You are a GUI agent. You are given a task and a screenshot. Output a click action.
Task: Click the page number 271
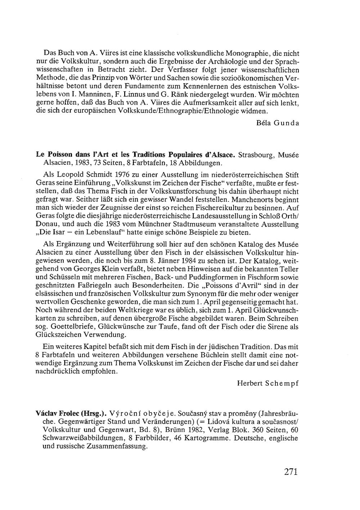tap(291, 472)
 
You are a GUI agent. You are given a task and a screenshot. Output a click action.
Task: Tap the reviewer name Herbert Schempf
tap(267, 383)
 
